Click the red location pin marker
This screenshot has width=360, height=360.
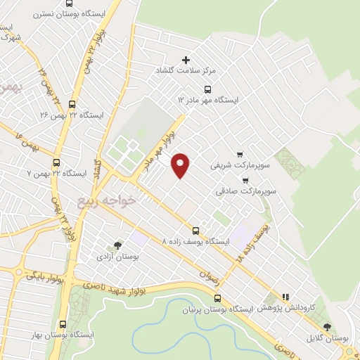[x=181, y=165]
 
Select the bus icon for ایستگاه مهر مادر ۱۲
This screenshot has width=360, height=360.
[x=207, y=89]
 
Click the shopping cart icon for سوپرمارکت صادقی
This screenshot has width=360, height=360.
[x=245, y=180]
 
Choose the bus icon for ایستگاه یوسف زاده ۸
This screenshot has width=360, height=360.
[x=195, y=230]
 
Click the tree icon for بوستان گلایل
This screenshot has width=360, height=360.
[x=327, y=327]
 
